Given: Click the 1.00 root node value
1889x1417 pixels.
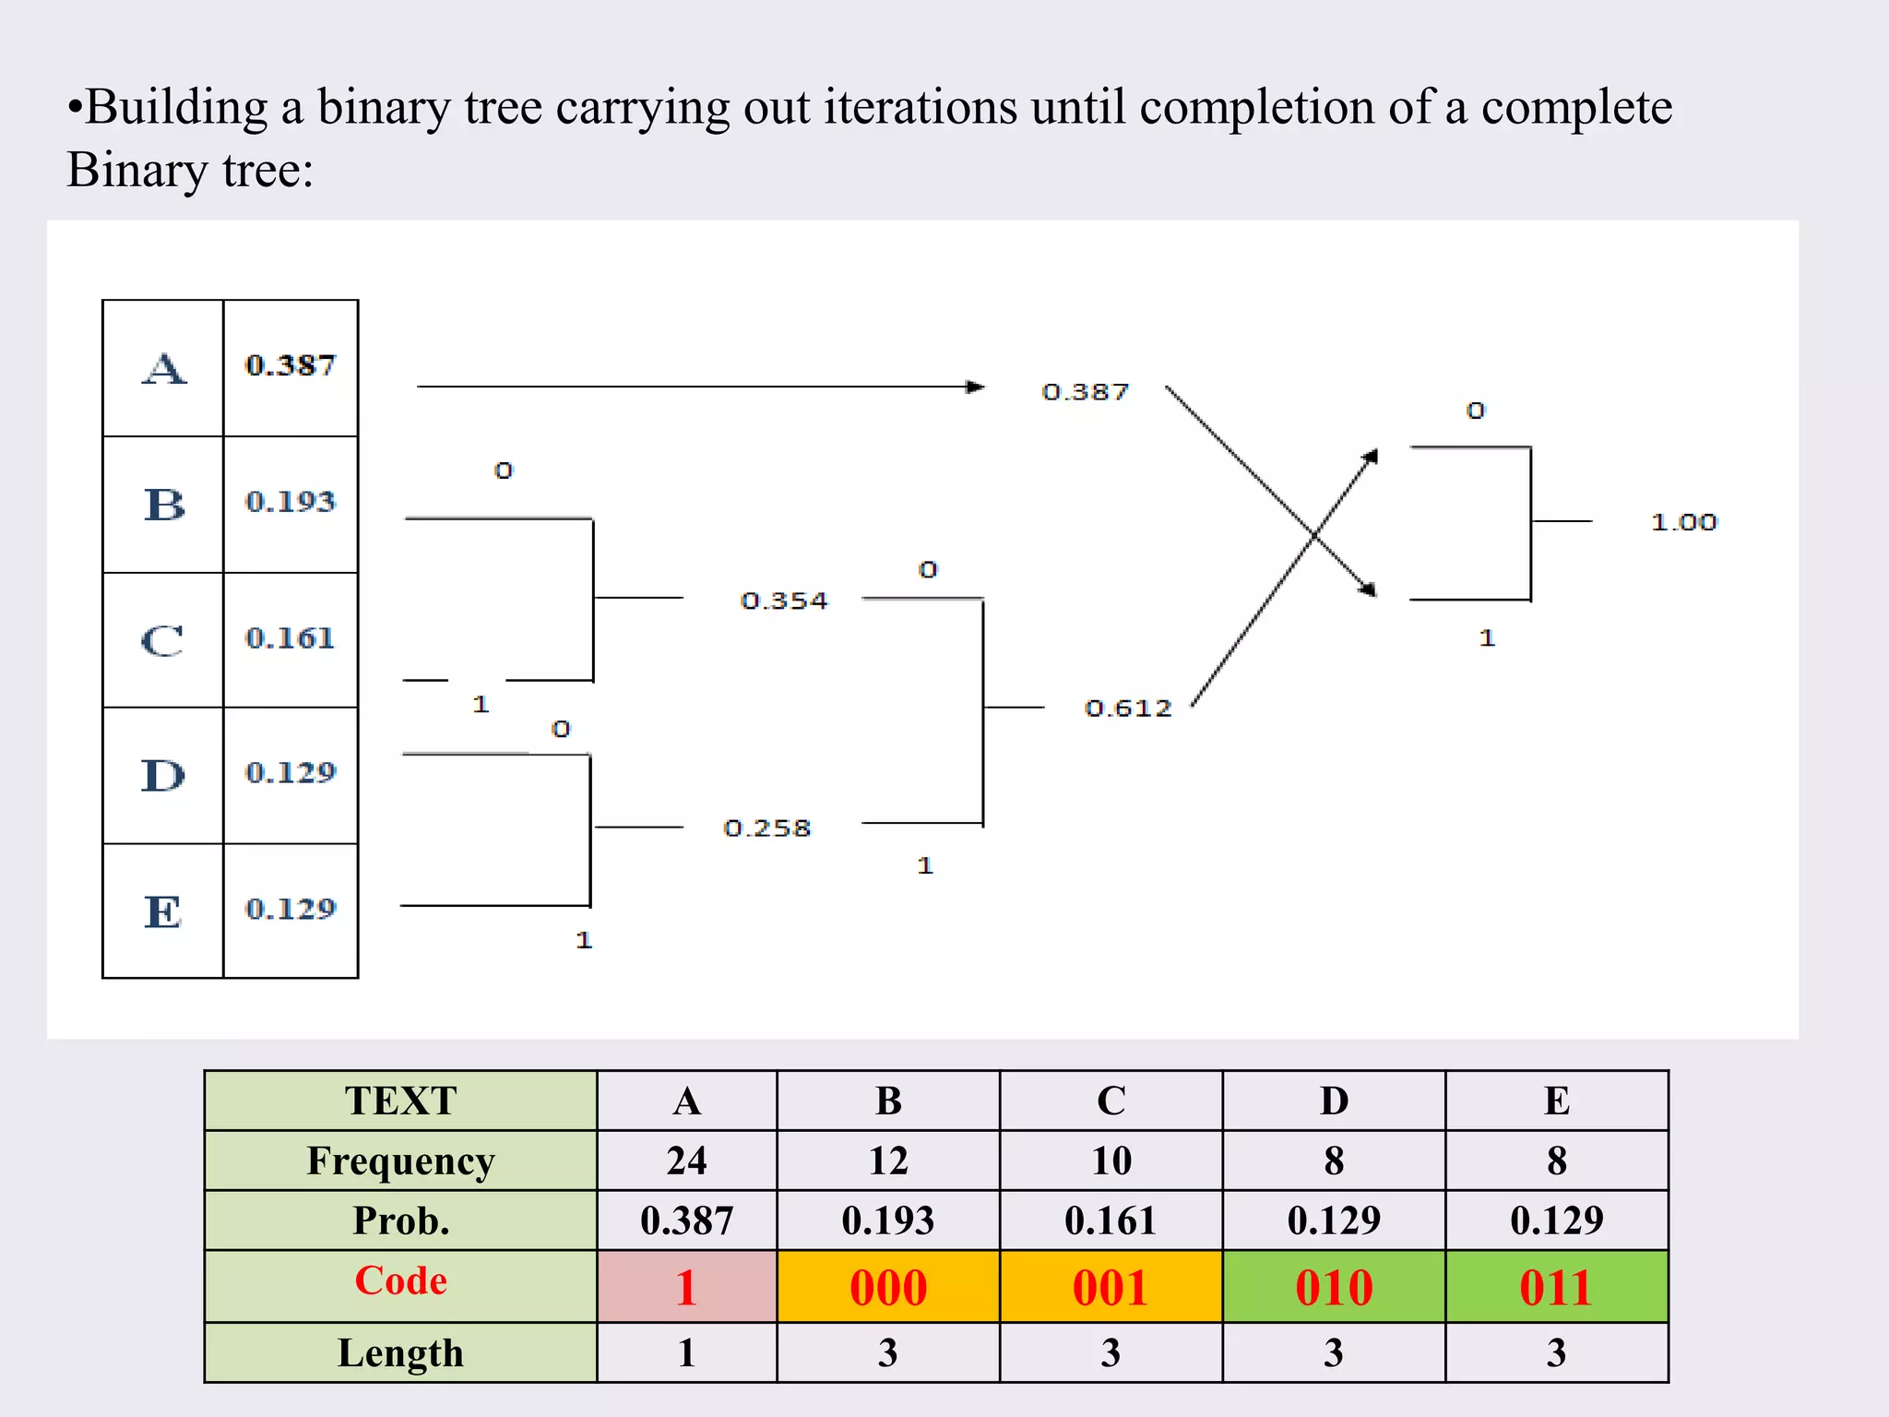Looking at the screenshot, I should (1683, 522).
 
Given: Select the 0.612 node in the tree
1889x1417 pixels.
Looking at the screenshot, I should (1127, 708).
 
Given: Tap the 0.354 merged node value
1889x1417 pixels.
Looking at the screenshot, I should (784, 601).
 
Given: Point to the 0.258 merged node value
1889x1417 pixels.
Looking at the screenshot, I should (766, 828).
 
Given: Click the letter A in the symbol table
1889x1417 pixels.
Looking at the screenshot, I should (164, 369).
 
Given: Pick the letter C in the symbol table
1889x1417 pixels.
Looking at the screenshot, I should (162, 640).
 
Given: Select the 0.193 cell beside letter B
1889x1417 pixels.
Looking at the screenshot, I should (291, 502).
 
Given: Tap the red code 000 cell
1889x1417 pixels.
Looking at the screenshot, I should (888, 1287).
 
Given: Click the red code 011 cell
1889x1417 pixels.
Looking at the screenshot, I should (1556, 1287).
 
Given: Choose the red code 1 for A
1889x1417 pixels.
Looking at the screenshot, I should (685, 1287).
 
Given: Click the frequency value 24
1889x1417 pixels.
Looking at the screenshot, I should (686, 1161).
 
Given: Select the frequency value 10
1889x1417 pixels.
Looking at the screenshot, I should (1111, 1161).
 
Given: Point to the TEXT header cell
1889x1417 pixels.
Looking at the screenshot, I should (400, 1101).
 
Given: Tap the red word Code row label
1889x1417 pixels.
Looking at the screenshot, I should (400, 1280).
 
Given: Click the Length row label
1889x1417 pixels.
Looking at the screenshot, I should (400, 1352).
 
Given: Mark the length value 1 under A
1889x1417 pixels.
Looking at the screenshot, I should (686, 1352).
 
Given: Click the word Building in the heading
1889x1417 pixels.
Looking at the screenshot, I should (176, 108).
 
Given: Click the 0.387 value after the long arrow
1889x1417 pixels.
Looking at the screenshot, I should (1085, 392).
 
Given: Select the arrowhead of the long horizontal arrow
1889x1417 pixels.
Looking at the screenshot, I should (975, 387).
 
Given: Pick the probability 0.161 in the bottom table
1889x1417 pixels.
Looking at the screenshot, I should (1111, 1221).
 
